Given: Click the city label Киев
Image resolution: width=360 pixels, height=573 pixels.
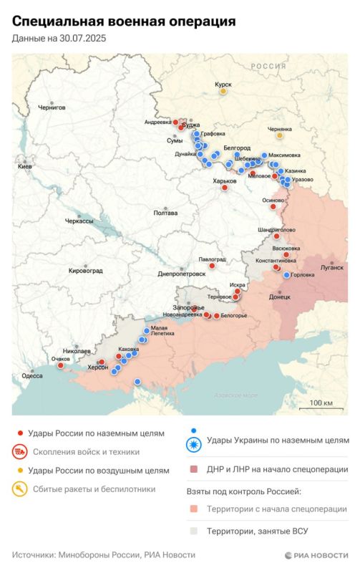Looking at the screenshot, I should click(x=26, y=165).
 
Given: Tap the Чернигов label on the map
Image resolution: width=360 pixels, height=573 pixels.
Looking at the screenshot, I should click(x=51, y=107).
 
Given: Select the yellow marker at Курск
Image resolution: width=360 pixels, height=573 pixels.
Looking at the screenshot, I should click(x=223, y=92).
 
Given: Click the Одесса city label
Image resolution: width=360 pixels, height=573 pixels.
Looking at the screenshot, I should click(x=31, y=375).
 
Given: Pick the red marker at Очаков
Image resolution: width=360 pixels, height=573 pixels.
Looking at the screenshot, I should click(x=61, y=365).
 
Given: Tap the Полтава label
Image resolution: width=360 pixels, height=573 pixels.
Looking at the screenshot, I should click(x=165, y=213).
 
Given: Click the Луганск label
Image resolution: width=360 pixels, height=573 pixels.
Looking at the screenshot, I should click(x=331, y=266).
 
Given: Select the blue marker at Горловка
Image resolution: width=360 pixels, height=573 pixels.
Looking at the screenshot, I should click(x=287, y=275).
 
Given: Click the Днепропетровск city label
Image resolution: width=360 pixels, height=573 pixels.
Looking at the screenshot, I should click(x=182, y=274).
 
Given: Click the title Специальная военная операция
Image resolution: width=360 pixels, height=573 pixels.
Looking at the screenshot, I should click(x=124, y=22).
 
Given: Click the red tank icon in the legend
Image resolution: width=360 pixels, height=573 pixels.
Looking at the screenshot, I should click(x=19, y=452).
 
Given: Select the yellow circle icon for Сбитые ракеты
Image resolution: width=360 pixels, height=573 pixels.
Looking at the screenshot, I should click(x=19, y=489).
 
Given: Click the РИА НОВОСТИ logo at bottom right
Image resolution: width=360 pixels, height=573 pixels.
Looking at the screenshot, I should click(x=316, y=555).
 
